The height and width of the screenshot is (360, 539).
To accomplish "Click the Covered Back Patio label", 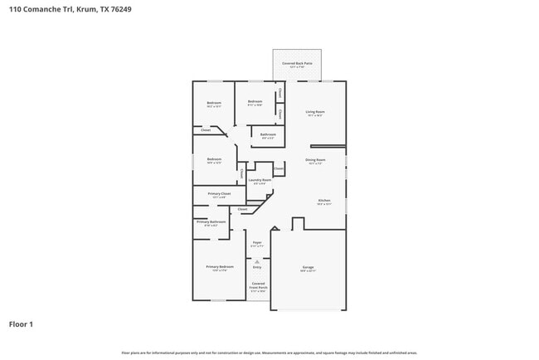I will pos(297,63).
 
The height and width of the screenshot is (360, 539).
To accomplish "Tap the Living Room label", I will pos(314,111).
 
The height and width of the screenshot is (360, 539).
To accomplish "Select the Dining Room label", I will pos(315,159).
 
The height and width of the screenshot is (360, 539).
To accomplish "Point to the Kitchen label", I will pos(324,201).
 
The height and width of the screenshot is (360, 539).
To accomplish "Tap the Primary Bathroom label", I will pos(211,222).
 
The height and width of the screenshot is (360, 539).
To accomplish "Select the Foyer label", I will pos(257,242).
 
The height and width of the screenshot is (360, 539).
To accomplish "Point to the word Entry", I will pos(257,267).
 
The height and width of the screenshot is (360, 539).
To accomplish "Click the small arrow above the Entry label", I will pos(257,260).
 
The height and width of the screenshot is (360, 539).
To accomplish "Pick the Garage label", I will pos(308,267).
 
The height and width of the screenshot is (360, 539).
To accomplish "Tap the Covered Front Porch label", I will pos(259,286).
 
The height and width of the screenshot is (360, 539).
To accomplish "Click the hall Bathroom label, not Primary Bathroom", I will pos(268,134).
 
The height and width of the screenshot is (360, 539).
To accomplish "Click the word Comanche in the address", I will pos(44,9).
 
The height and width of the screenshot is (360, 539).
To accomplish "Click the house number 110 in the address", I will pos(16,9).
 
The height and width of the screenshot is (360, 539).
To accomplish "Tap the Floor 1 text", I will pos(21,324).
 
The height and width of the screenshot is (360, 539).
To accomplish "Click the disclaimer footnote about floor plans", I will pos(269,353).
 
